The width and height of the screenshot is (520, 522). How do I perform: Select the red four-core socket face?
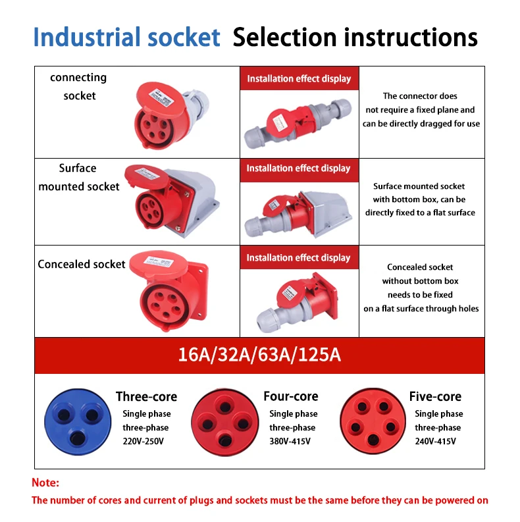[222, 419]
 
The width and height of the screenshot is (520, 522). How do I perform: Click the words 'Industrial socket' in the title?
[126, 38]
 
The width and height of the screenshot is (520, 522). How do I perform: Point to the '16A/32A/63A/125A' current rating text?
[259, 355]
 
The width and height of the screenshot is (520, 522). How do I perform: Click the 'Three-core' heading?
[146, 396]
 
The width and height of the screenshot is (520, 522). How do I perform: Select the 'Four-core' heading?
[290, 396]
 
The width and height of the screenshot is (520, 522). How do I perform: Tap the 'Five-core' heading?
[435, 396]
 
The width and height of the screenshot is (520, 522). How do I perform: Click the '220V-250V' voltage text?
[143, 441]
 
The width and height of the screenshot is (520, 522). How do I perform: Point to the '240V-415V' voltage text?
[438, 441]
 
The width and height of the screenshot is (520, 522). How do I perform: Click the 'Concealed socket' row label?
[81, 264]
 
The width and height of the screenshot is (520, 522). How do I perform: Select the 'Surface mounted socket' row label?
[79, 177]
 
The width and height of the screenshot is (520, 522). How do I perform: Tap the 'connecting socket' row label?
[78, 86]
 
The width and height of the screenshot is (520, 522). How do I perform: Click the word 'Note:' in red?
[45, 483]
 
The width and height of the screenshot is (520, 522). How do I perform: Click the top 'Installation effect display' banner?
[299, 78]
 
